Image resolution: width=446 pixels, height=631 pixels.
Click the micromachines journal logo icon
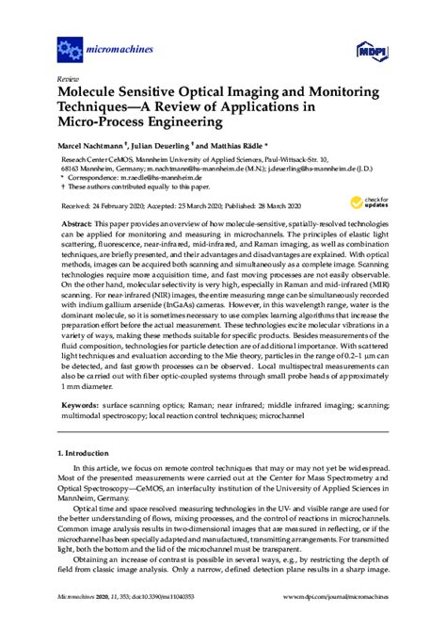tap(69, 45)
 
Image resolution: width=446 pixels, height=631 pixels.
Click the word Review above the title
tap(67, 79)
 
